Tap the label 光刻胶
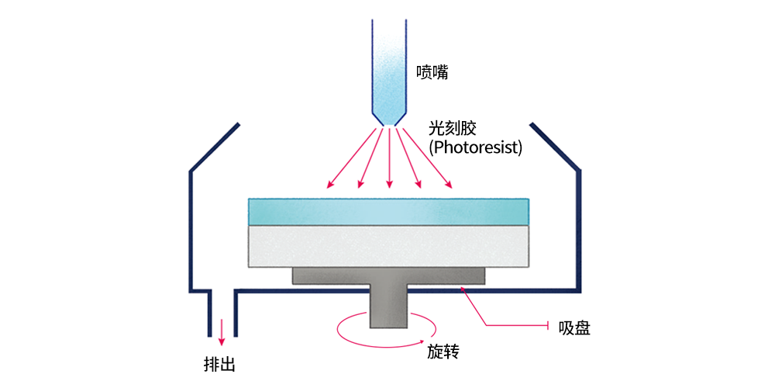(x=453, y=130)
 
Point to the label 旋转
(x=443, y=352)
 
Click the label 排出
(x=219, y=364)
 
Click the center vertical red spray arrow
(x=390, y=158)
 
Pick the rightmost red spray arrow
(x=428, y=158)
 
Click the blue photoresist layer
(x=389, y=212)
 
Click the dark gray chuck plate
(x=389, y=276)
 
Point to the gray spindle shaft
(x=389, y=307)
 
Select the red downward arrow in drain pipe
(x=222, y=332)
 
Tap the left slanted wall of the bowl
(x=215, y=147)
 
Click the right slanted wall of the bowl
(x=555, y=147)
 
